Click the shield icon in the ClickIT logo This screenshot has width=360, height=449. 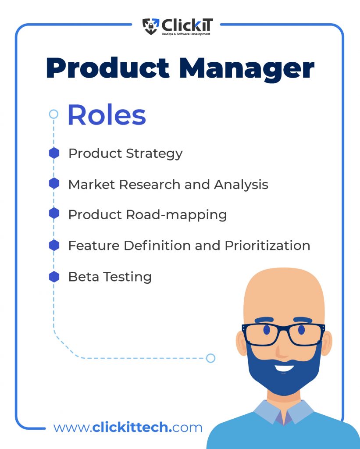[151, 26]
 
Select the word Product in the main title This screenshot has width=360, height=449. [108, 68]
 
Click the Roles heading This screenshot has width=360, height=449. [107, 115]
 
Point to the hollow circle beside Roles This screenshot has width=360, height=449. [53, 114]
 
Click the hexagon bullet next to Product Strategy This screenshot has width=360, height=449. [54, 153]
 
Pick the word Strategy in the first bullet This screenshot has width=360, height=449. [154, 154]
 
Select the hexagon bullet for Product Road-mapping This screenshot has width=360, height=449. [54, 214]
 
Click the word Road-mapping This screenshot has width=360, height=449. [176, 215]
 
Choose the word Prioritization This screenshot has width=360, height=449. [267, 246]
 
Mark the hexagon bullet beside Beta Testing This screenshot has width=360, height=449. [54, 277]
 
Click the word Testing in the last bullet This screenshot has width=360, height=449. [128, 278]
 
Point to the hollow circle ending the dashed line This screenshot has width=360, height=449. [210, 358]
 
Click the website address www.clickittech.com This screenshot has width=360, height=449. [128, 428]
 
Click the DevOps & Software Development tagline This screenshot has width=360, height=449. [186, 34]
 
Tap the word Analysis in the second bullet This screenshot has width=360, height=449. [241, 185]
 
